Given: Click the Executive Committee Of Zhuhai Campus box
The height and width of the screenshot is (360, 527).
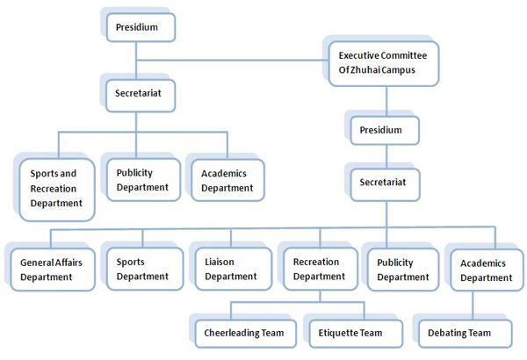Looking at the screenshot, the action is click(x=384, y=63).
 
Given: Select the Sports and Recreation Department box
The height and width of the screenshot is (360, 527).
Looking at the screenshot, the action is click(x=57, y=190).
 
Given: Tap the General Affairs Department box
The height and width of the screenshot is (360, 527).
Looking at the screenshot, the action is click(x=53, y=270).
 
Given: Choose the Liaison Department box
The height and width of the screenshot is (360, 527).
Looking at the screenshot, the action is click(x=234, y=269).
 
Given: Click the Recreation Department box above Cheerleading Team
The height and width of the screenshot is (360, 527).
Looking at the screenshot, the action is click(x=321, y=269).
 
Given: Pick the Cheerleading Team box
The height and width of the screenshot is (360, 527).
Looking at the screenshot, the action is click(x=246, y=334).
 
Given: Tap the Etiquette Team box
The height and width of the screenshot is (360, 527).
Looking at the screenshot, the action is click(x=356, y=334).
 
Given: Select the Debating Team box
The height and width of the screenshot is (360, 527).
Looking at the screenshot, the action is click(x=466, y=334).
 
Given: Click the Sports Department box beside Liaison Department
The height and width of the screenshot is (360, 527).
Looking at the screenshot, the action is click(x=145, y=269).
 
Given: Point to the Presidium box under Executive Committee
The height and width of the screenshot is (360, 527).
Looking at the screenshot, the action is click(x=385, y=131).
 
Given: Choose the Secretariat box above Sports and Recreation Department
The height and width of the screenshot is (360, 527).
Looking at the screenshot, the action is click(x=141, y=96).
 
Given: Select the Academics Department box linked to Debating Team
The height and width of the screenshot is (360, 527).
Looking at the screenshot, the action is click(x=487, y=270).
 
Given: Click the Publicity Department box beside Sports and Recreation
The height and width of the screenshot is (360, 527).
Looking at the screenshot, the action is click(x=143, y=180).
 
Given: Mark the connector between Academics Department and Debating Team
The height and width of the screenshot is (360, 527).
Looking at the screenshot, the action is click(x=473, y=306).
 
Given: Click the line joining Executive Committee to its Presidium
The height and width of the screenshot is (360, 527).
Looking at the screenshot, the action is click(x=386, y=101).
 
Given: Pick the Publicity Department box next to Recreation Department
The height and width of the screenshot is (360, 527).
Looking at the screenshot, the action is click(x=403, y=270).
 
